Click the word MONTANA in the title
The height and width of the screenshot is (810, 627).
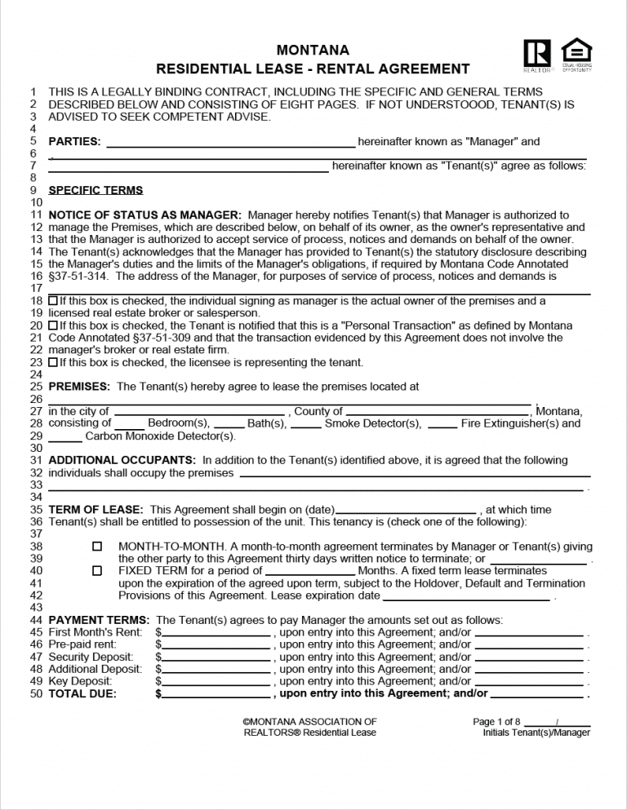point(313,51)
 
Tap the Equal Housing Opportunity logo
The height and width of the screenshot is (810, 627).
point(576,52)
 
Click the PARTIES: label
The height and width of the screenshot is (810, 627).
point(74,142)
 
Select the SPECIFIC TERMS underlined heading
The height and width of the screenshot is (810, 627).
point(96,190)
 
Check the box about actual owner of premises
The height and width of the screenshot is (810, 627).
point(53,301)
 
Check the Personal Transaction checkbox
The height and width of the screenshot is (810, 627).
point(53,325)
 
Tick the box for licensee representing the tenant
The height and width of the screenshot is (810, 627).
point(53,362)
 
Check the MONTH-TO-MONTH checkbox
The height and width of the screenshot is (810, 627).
point(97,546)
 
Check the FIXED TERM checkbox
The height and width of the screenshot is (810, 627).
point(97,571)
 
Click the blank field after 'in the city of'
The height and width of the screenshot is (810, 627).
point(198,412)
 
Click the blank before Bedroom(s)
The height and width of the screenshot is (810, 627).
point(129,424)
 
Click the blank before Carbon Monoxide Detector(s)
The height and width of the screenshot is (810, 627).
point(65,436)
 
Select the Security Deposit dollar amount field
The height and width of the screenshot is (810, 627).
point(216,657)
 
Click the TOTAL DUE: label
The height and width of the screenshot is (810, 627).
point(82,694)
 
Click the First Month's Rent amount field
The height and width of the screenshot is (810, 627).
point(216,633)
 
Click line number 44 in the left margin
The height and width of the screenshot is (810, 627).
point(35,621)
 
